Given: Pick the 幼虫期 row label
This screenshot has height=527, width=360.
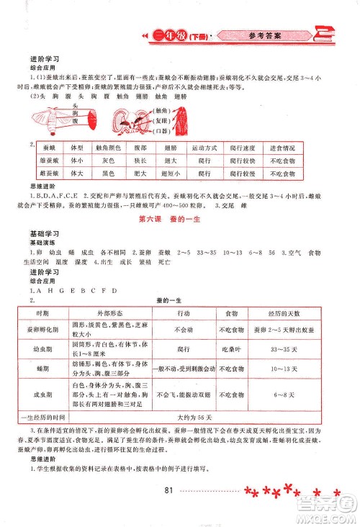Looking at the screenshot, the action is tap(47, 349).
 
